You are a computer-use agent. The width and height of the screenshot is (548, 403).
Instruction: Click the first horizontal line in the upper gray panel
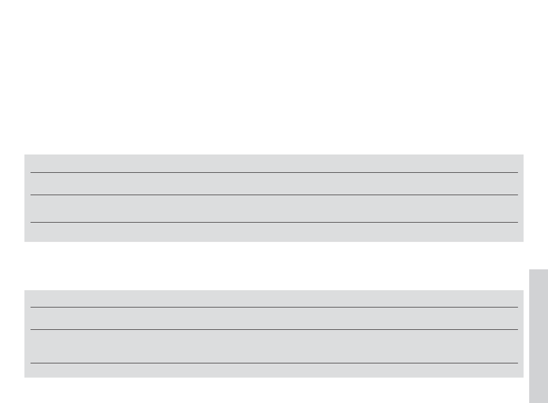pos(274,173)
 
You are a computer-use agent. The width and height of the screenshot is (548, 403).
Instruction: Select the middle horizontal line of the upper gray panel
pos(274,195)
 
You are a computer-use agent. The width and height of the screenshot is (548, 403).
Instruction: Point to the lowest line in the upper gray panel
pos(274,222)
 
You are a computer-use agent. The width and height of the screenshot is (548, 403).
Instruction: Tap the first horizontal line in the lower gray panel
pos(274,307)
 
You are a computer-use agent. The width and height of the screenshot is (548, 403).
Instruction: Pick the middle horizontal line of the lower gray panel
pos(274,329)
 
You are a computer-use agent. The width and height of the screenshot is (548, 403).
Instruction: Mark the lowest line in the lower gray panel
pos(274,363)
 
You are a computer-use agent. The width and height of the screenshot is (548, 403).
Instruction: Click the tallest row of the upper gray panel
pos(274,208)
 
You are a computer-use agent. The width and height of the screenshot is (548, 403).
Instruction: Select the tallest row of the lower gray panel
pos(274,346)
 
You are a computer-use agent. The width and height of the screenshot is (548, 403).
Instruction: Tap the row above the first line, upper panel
pos(274,164)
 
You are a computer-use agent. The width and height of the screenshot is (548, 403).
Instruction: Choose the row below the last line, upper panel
pos(274,232)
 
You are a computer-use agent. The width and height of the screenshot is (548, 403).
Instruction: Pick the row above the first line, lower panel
pos(274,299)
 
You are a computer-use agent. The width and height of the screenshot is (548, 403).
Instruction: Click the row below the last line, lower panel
pos(274,370)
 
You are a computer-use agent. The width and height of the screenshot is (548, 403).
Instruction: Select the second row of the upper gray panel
pos(274,184)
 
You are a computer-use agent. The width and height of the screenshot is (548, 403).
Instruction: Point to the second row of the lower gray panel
pos(274,318)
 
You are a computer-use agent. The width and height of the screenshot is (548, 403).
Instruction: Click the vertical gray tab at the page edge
pos(538,335)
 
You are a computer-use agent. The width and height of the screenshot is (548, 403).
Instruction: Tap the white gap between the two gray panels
pos(274,265)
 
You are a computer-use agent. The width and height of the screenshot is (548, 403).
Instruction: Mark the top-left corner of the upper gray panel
pos(25,155)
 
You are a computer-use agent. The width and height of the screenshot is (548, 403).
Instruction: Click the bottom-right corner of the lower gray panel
pos(523,377)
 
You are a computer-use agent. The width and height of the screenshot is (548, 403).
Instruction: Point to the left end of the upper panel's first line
pos(31,173)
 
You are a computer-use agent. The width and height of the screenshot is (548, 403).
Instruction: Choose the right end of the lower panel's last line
pos(517,363)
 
